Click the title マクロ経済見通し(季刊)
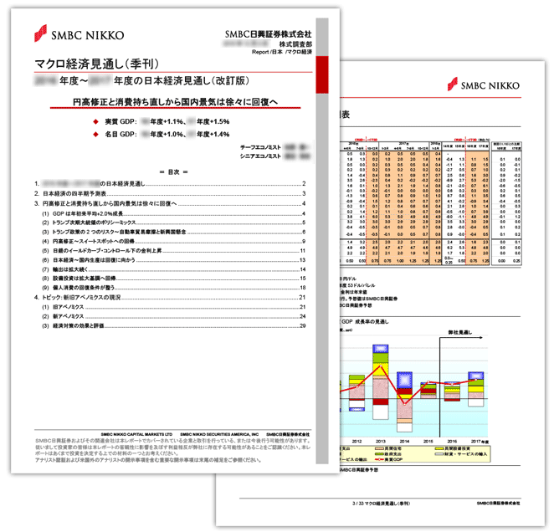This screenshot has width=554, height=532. [x=94, y=63]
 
